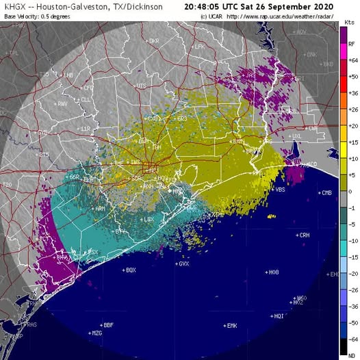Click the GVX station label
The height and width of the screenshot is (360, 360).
pyautogui.click(x=183, y=263)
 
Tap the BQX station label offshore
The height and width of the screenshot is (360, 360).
pyautogui.click(x=130, y=270)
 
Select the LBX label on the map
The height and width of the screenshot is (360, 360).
pyautogui.click(x=149, y=219)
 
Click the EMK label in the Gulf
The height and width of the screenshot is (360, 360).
pyautogui.click(x=231, y=325)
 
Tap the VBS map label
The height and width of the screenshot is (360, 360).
pyautogui.click(x=280, y=190)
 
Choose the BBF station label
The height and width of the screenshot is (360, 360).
pyautogui.click(x=107, y=324)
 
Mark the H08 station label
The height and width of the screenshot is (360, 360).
pyautogui.click(x=273, y=272)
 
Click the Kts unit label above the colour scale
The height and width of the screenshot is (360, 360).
pyautogui.click(x=349, y=23)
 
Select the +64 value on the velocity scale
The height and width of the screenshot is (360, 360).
pyautogui.click(x=351, y=60)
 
